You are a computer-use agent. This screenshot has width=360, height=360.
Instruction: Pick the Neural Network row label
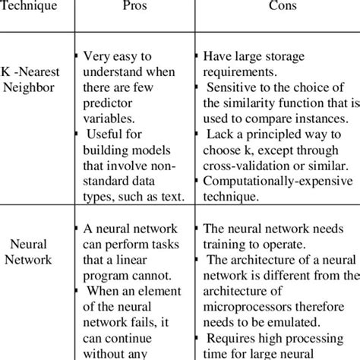click(32, 252)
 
